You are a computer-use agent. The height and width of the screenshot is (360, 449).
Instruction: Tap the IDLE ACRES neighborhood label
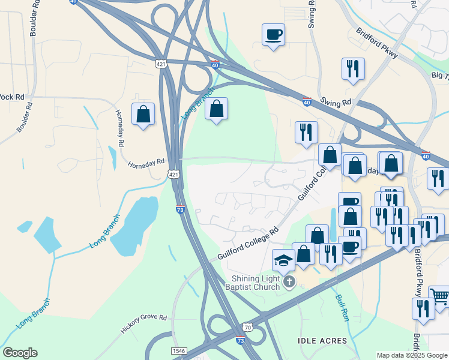pos(322,341)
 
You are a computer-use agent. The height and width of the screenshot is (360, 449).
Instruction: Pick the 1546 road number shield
pos(178,350)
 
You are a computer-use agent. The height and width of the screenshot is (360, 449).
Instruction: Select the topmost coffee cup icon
pos(273,34)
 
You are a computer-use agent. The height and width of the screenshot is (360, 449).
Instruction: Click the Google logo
pos(20,353)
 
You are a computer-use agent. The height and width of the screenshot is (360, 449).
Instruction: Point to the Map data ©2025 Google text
pos(411,355)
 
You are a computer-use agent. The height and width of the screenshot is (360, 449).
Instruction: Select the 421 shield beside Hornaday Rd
pos(173,173)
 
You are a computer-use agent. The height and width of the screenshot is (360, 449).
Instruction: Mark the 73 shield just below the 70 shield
pos(241,340)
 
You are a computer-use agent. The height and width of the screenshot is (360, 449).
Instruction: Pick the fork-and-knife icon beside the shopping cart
pos(424,309)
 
